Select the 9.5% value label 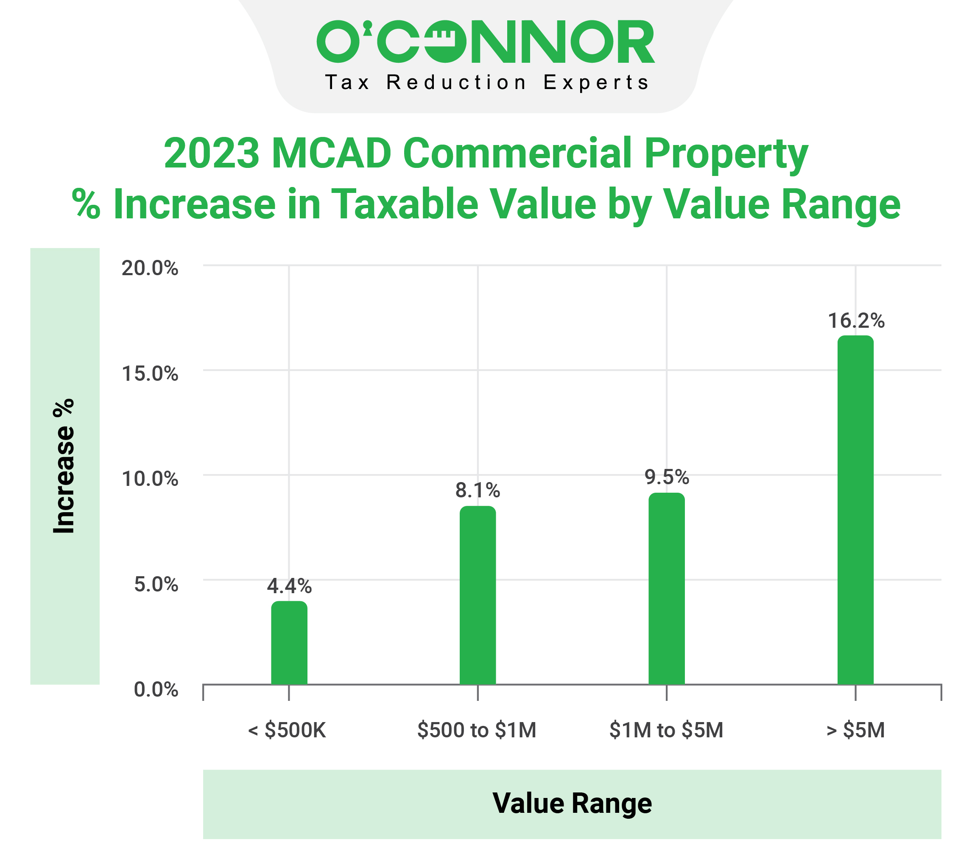[666, 477]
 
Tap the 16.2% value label [855, 321]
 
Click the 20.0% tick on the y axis [150, 269]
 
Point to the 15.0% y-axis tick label [150, 374]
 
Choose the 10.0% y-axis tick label [150, 479]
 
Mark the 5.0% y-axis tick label [156, 584]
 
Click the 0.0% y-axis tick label [156, 689]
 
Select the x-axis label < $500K [287, 730]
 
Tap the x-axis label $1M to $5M [666, 730]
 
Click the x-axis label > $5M [855, 730]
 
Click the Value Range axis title [572, 803]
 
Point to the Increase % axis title [64, 466]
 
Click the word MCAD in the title [331, 153]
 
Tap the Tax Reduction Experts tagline [486, 83]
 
